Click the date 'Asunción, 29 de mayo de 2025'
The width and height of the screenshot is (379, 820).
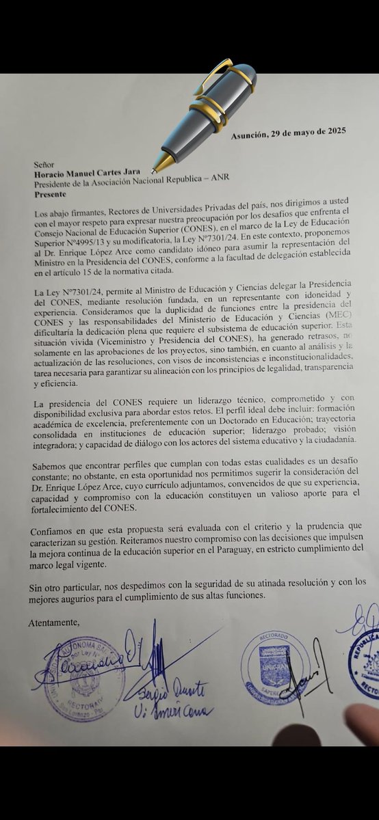(288, 136)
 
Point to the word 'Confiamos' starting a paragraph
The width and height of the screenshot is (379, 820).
(53, 532)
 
